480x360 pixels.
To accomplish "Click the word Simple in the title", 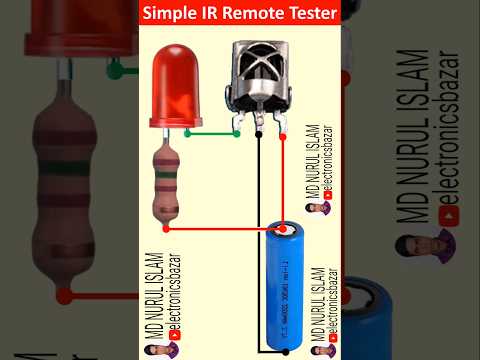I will pyautogui.click(x=173, y=15).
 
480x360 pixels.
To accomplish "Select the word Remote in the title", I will pyautogui.click(x=263, y=15).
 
